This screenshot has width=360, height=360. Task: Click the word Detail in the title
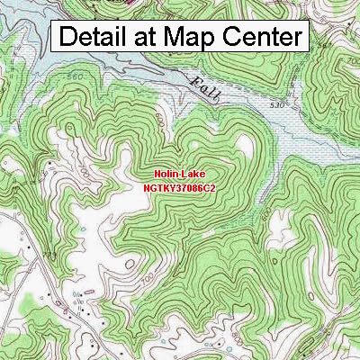100,38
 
